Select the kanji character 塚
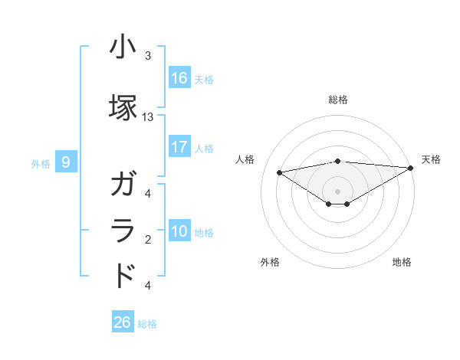[123, 106]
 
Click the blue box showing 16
[179, 77]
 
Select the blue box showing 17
[179, 147]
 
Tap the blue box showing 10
[179, 231]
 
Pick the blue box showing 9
[66, 162]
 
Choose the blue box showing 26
[123, 322]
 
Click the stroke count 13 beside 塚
[148, 117]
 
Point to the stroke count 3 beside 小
[148, 56]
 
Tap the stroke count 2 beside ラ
[148, 240]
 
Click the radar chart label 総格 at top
[338, 100]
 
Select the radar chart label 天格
[431, 159]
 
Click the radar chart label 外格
[270, 262]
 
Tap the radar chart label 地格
[402, 262]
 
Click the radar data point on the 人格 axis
[279, 172]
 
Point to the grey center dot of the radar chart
[338, 191]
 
